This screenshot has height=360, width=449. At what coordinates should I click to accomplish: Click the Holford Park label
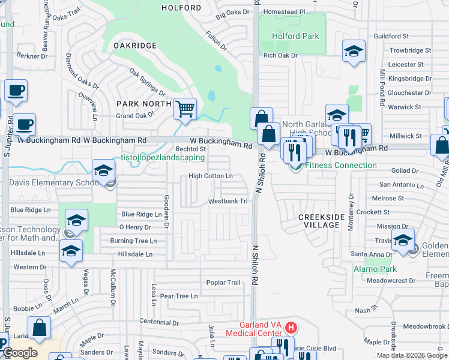point(295,36)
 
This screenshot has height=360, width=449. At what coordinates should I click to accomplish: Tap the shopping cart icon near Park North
point(185,110)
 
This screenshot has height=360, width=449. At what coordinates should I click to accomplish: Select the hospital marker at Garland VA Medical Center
point(291,328)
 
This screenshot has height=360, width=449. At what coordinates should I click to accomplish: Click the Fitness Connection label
point(341,165)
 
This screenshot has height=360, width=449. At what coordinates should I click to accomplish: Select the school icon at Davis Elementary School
point(103,171)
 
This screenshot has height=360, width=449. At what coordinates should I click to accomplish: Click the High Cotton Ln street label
point(211,176)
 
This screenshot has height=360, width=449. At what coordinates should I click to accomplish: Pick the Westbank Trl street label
point(228,202)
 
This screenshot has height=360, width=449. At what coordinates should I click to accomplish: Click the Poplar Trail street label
point(223,283)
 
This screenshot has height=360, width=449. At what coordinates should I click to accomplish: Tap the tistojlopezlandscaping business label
point(163,157)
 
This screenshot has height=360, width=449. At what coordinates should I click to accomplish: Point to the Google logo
point(20,353)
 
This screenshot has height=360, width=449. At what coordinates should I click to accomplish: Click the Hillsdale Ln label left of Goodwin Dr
point(136,254)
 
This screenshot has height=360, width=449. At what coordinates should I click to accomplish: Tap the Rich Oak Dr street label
point(280,56)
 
